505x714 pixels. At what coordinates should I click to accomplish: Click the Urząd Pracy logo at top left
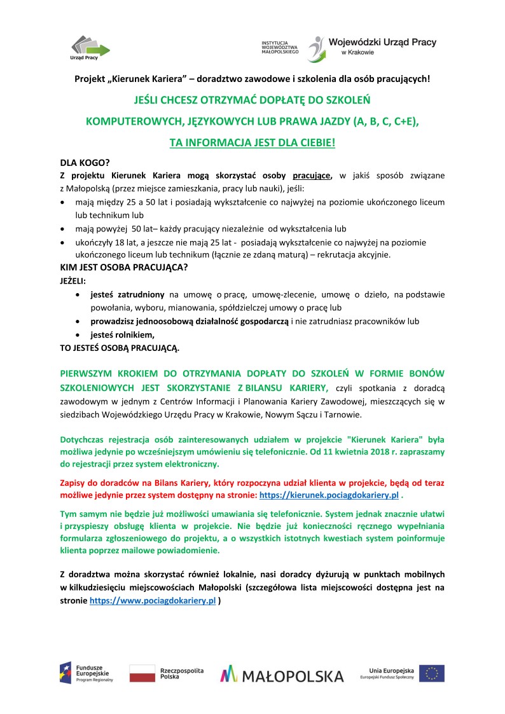tap(89, 48)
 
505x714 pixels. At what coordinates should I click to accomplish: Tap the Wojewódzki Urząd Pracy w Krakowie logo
tap(372, 48)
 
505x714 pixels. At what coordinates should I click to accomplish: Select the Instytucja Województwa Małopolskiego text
tap(280, 47)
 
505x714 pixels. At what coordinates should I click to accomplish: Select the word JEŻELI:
tap(73, 280)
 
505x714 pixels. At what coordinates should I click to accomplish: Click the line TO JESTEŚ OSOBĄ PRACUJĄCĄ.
tap(120, 348)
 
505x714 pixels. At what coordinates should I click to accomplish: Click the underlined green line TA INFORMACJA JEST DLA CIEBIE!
tap(252, 144)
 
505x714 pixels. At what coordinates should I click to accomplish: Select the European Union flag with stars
tap(431, 673)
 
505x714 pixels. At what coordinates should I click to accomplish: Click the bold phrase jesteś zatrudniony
tap(128, 294)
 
